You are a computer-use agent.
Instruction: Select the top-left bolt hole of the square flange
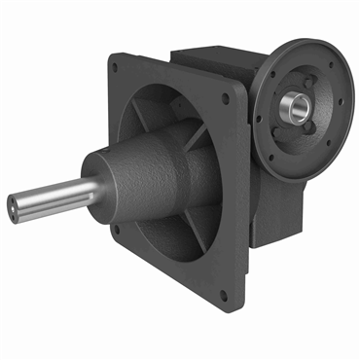click(116, 68)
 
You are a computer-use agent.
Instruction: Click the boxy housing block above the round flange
click(209, 58)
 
